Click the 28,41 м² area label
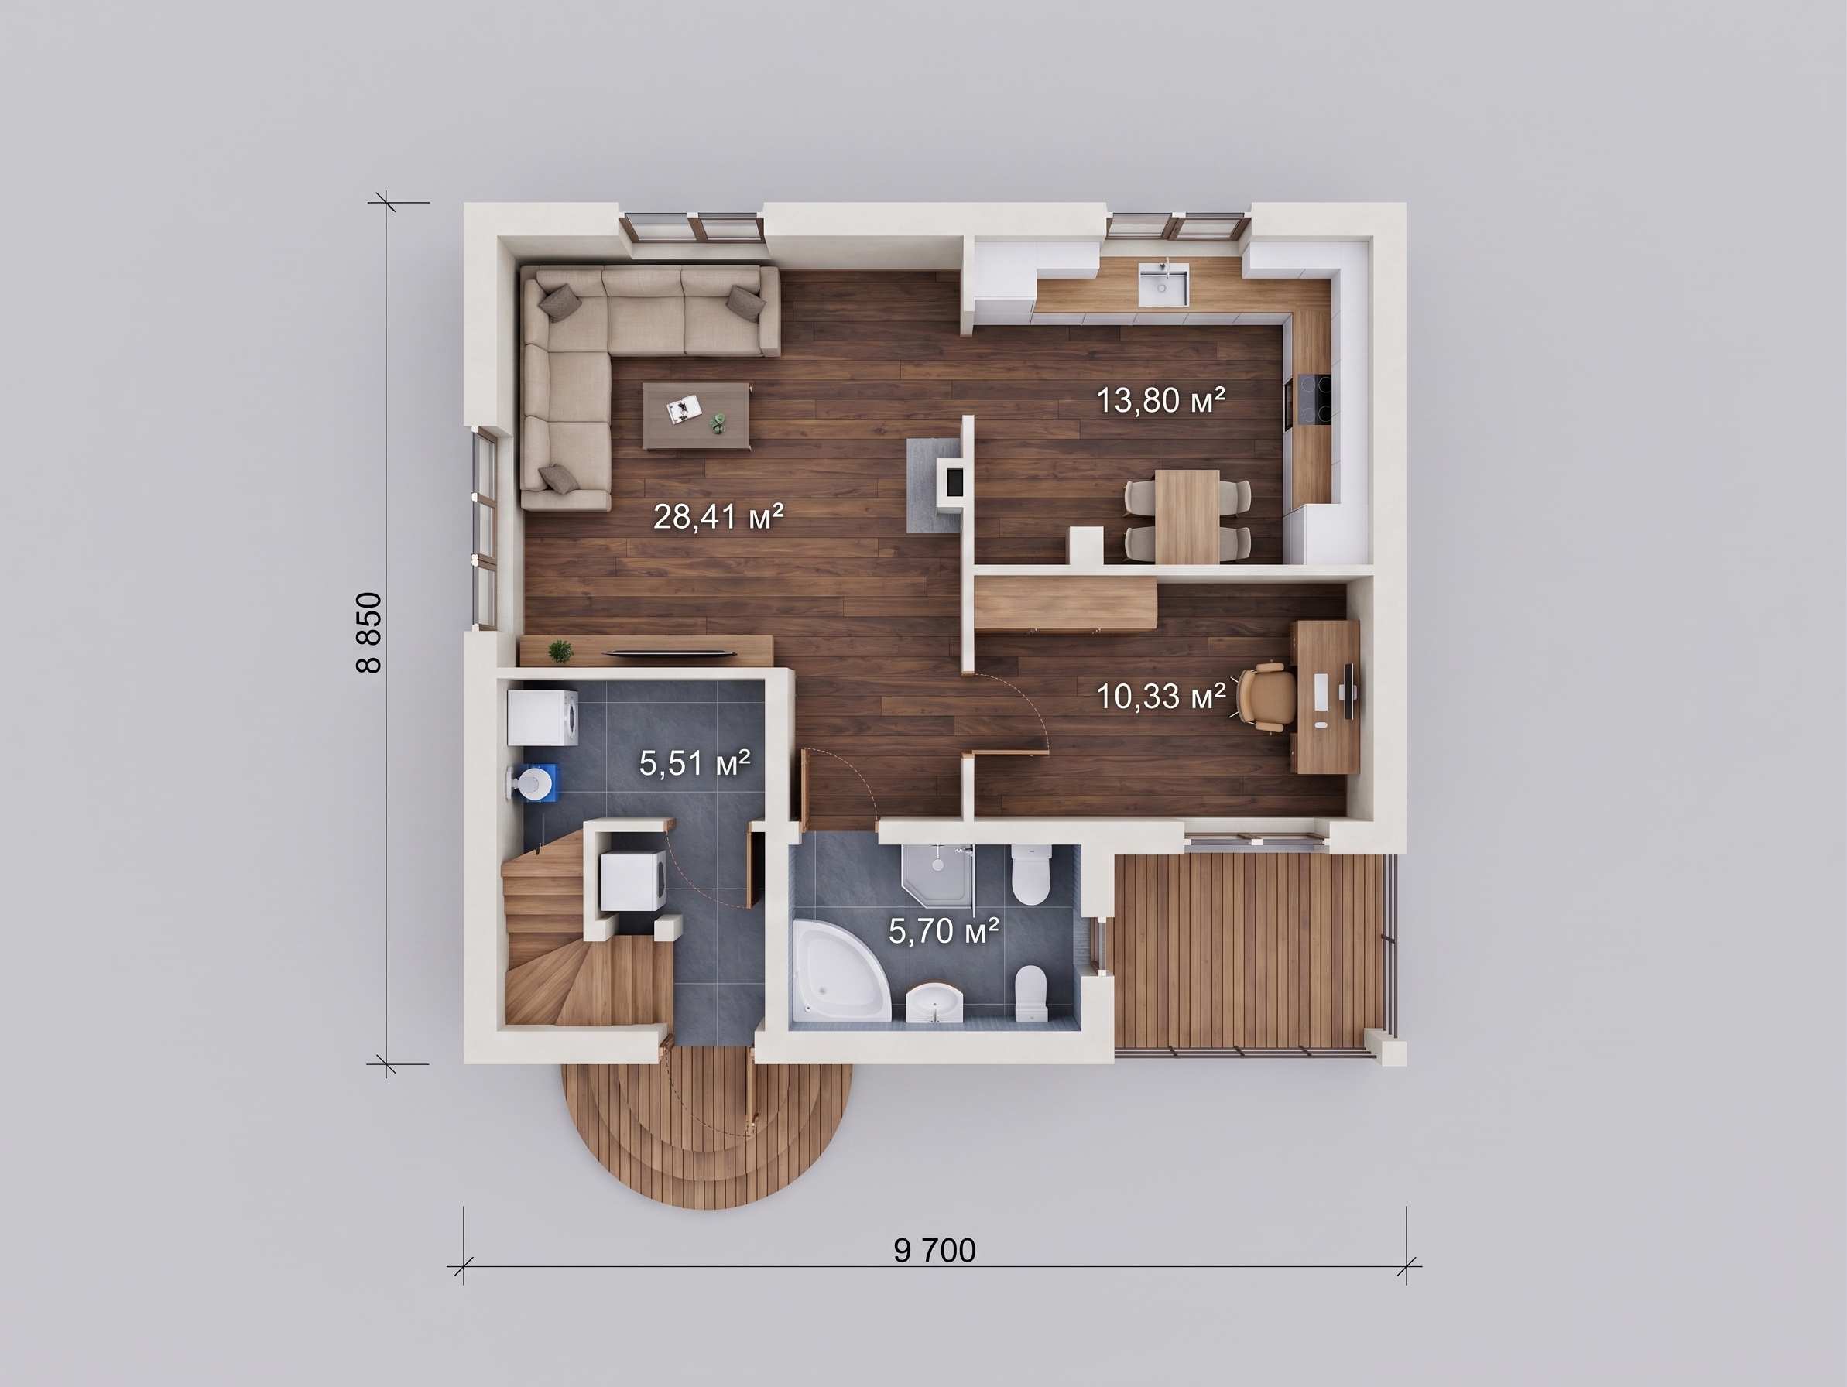click(x=718, y=518)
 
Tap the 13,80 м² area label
click(x=1160, y=401)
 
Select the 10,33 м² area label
click(x=1160, y=696)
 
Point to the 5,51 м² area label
click(x=694, y=762)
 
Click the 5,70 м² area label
click(x=944, y=930)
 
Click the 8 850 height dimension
click(x=369, y=633)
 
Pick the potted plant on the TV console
click(x=561, y=652)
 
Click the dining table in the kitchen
click(x=1187, y=516)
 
